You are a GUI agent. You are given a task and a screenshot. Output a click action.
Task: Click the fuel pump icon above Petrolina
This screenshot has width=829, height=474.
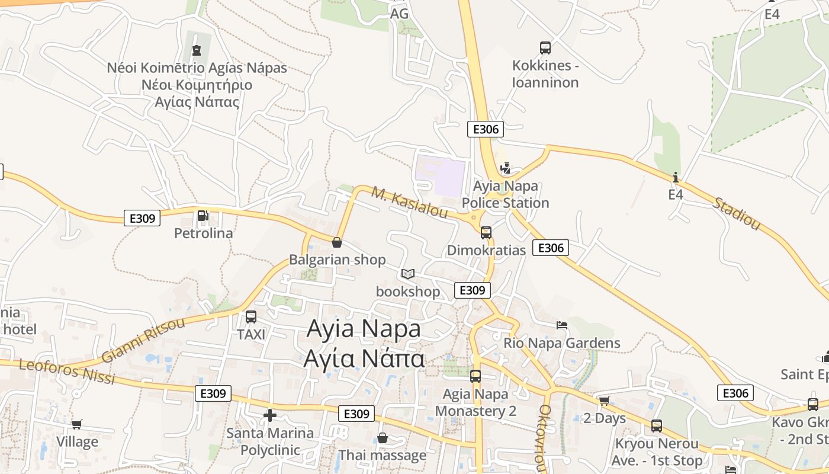click(203, 216)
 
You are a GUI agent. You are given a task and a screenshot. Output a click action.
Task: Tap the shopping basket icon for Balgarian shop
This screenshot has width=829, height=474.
click(337, 242)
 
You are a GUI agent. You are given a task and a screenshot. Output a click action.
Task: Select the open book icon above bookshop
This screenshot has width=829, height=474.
click(408, 274)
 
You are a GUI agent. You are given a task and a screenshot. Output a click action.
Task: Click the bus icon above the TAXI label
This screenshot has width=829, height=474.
click(251, 317)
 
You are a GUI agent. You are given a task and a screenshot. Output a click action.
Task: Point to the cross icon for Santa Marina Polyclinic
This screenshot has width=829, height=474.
click(270, 415)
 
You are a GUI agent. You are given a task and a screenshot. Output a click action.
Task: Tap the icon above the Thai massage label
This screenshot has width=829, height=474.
click(383, 438)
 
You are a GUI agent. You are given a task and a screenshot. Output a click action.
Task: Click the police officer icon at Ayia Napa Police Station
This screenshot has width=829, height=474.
click(505, 169)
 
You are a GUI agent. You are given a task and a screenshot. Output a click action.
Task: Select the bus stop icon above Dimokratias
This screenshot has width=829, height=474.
click(486, 233)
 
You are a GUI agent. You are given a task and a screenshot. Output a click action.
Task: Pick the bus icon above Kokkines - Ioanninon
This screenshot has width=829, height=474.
click(545, 48)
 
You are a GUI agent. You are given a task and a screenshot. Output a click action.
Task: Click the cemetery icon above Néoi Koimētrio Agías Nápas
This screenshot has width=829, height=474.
click(197, 50)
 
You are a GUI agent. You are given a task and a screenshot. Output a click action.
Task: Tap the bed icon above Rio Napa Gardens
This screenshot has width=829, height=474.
click(562, 325)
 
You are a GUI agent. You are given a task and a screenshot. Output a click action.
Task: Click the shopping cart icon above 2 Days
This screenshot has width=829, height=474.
click(604, 401)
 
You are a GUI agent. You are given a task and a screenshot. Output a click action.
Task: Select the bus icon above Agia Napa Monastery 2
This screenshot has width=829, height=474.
click(475, 376)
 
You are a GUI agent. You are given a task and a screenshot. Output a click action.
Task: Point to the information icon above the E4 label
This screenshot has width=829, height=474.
click(676, 177)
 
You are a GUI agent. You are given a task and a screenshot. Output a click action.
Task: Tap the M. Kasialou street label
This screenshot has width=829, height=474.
click(409, 203)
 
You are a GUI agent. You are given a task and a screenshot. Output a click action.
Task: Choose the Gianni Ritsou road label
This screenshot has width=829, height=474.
click(143, 340)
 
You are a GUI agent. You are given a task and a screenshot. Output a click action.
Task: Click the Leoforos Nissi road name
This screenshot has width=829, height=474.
click(67, 371)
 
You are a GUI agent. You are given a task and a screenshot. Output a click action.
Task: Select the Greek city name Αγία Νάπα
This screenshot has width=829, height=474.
click(364, 358)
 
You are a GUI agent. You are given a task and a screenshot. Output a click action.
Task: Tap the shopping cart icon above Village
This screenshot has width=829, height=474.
click(76, 424)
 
